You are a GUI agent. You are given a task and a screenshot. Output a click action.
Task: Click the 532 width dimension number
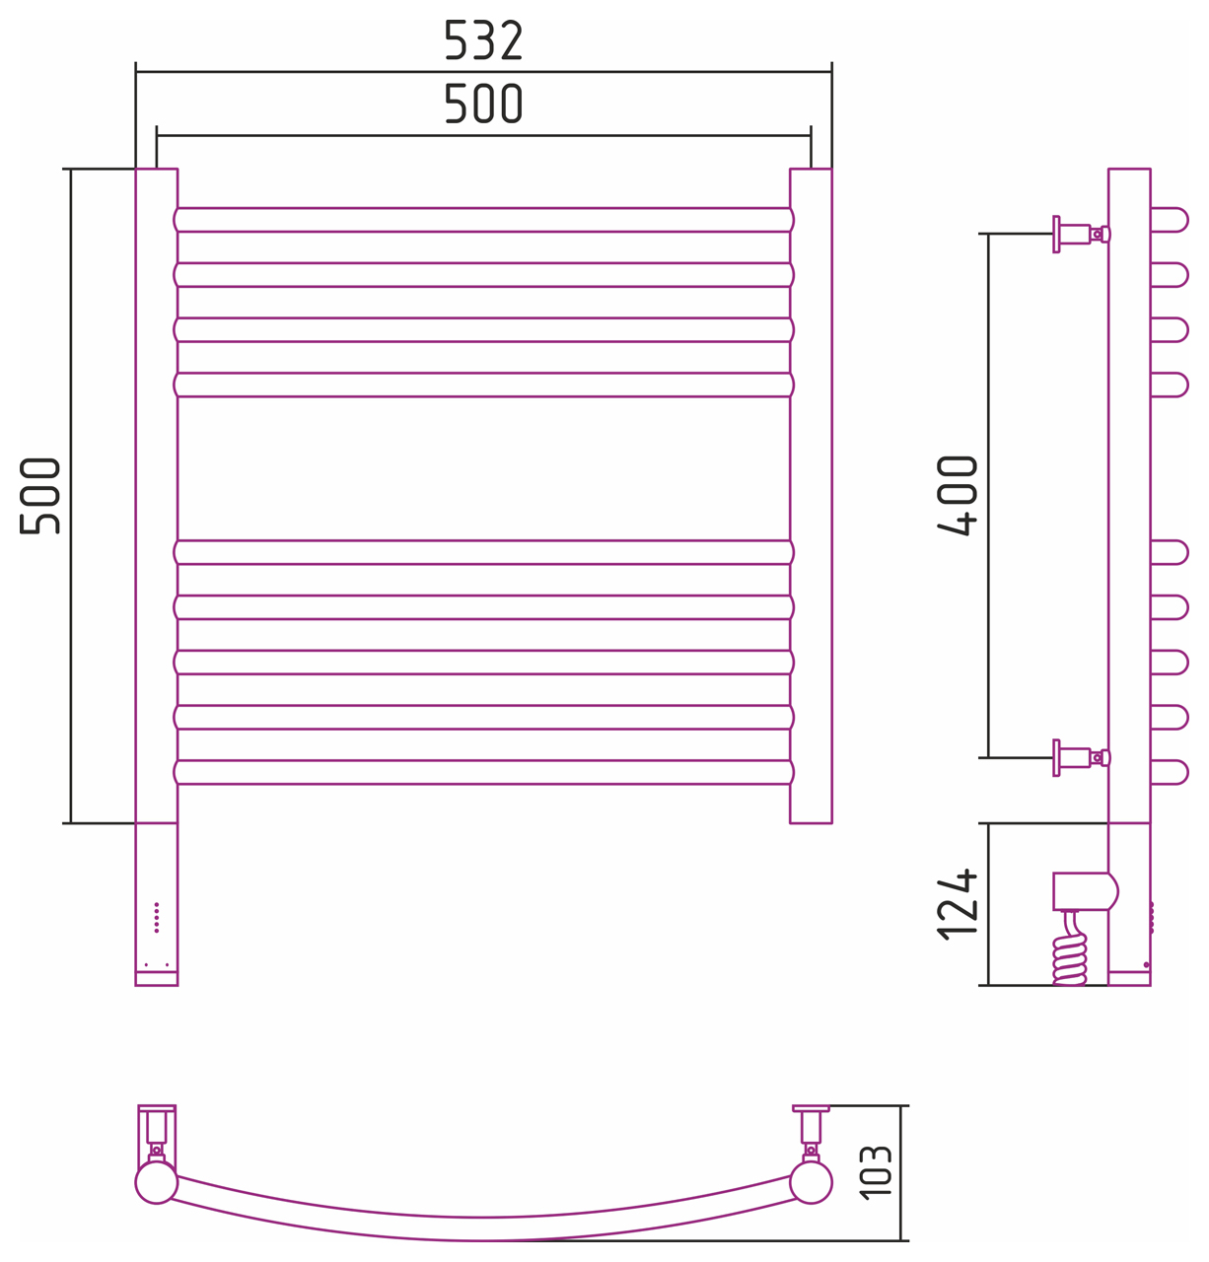click(x=482, y=40)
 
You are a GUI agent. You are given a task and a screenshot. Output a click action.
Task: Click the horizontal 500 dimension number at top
click(x=482, y=104)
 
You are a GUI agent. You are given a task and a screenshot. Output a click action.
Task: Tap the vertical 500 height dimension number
click(x=40, y=496)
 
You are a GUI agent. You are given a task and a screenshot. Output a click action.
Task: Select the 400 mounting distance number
click(x=957, y=496)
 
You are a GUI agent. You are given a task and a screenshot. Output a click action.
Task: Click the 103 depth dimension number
click(x=875, y=1171)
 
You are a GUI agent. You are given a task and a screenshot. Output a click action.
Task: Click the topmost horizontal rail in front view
click(x=483, y=220)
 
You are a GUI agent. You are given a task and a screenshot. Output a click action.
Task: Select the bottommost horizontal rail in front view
click(x=483, y=772)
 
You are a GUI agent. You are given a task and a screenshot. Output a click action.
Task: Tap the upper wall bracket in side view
click(x=1081, y=234)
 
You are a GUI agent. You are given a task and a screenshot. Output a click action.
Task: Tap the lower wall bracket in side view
click(x=1081, y=757)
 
